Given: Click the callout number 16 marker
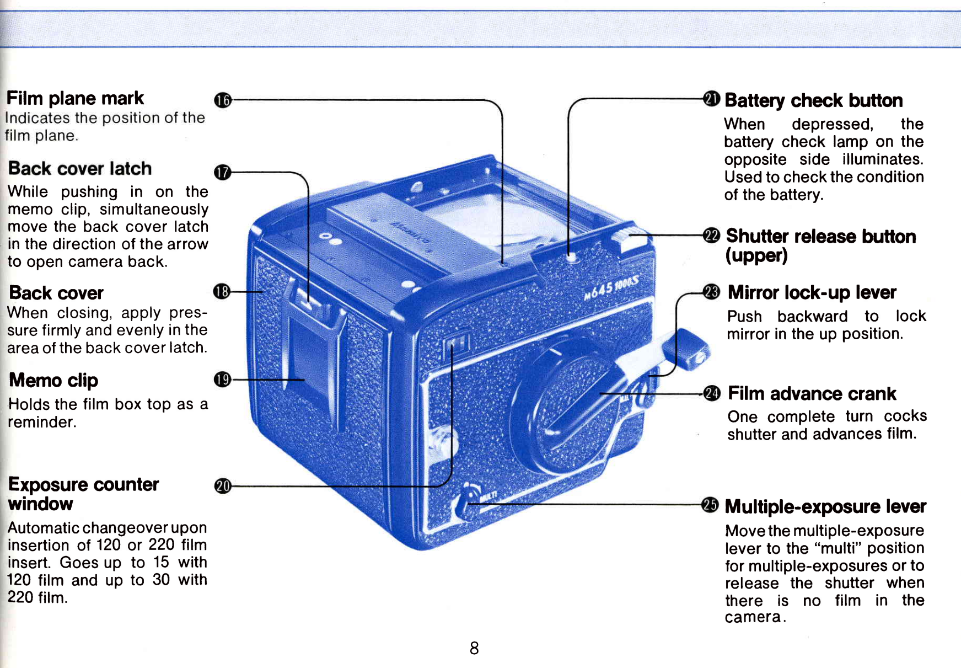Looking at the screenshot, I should [223, 100].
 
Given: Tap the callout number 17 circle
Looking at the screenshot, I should [222, 172].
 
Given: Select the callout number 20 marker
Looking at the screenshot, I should [223, 486].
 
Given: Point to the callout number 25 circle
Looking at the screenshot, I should [710, 505].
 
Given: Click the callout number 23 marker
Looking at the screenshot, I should [712, 292].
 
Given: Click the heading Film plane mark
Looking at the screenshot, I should [75, 98].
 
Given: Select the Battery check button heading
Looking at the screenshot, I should [813, 100].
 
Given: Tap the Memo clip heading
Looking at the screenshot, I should [53, 380].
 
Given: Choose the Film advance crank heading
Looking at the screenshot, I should [812, 393].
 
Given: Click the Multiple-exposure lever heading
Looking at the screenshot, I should [825, 506].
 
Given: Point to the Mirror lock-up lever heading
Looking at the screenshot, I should [812, 292].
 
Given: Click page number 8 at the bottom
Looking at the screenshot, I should [474, 648].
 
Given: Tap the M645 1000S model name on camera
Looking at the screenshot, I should [611, 287].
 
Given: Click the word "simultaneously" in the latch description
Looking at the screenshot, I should [154, 209].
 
